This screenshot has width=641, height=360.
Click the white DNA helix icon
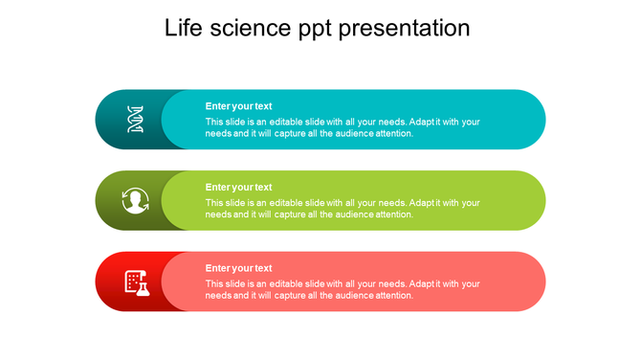(135, 120)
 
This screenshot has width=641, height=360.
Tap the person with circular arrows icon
(135, 201)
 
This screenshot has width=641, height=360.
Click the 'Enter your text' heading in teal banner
(238, 106)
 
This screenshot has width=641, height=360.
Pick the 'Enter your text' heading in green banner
(238, 188)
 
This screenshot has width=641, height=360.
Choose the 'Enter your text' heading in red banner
(238, 268)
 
